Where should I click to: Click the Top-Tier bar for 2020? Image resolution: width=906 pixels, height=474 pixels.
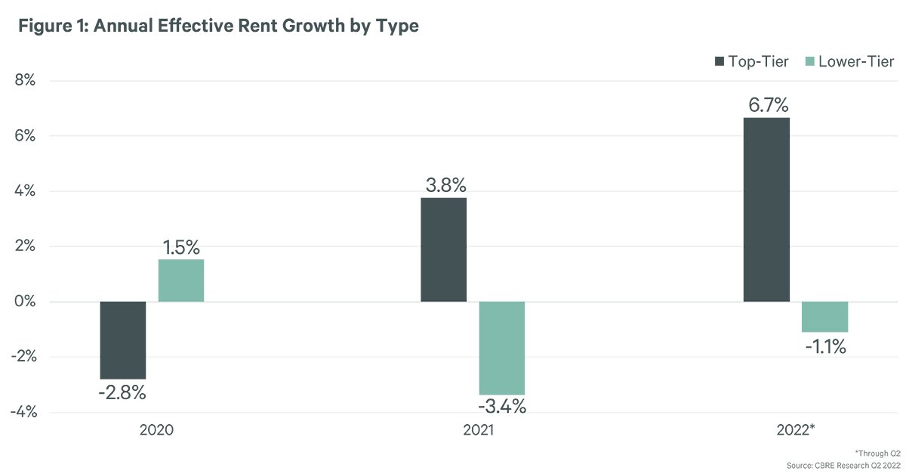(x=122, y=340)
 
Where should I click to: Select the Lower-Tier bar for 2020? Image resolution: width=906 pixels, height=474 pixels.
(x=181, y=280)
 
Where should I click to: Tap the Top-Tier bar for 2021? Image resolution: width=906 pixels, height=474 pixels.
(x=443, y=249)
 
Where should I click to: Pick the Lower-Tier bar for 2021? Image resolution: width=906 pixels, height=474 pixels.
(x=501, y=348)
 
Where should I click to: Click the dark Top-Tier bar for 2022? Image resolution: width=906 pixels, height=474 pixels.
(x=766, y=209)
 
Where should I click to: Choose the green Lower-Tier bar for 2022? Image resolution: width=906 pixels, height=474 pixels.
(x=824, y=317)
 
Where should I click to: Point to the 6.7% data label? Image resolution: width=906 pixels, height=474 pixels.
(x=766, y=104)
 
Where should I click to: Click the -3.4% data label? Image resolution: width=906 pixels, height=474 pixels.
(x=502, y=407)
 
